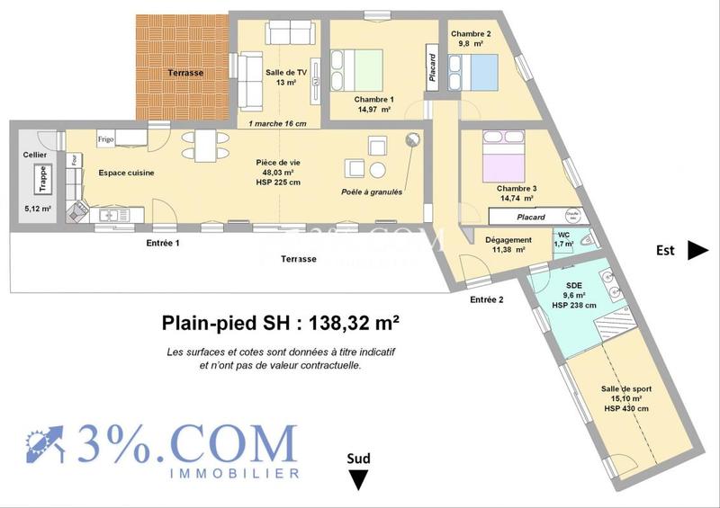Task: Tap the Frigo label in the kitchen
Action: (x=106, y=139)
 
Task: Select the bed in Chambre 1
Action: (x=364, y=67)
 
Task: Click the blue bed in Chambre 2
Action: (x=473, y=68)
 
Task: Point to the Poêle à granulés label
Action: (x=372, y=192)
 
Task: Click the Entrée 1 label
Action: (x=164, y=243)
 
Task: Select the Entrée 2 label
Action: (x=487, y=300)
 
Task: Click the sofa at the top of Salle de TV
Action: (x=289, y=32)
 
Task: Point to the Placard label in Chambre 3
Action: (x=530, y=217)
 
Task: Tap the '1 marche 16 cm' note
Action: (x=277, y=123)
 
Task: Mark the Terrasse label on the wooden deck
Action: (x=185, y=72)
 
